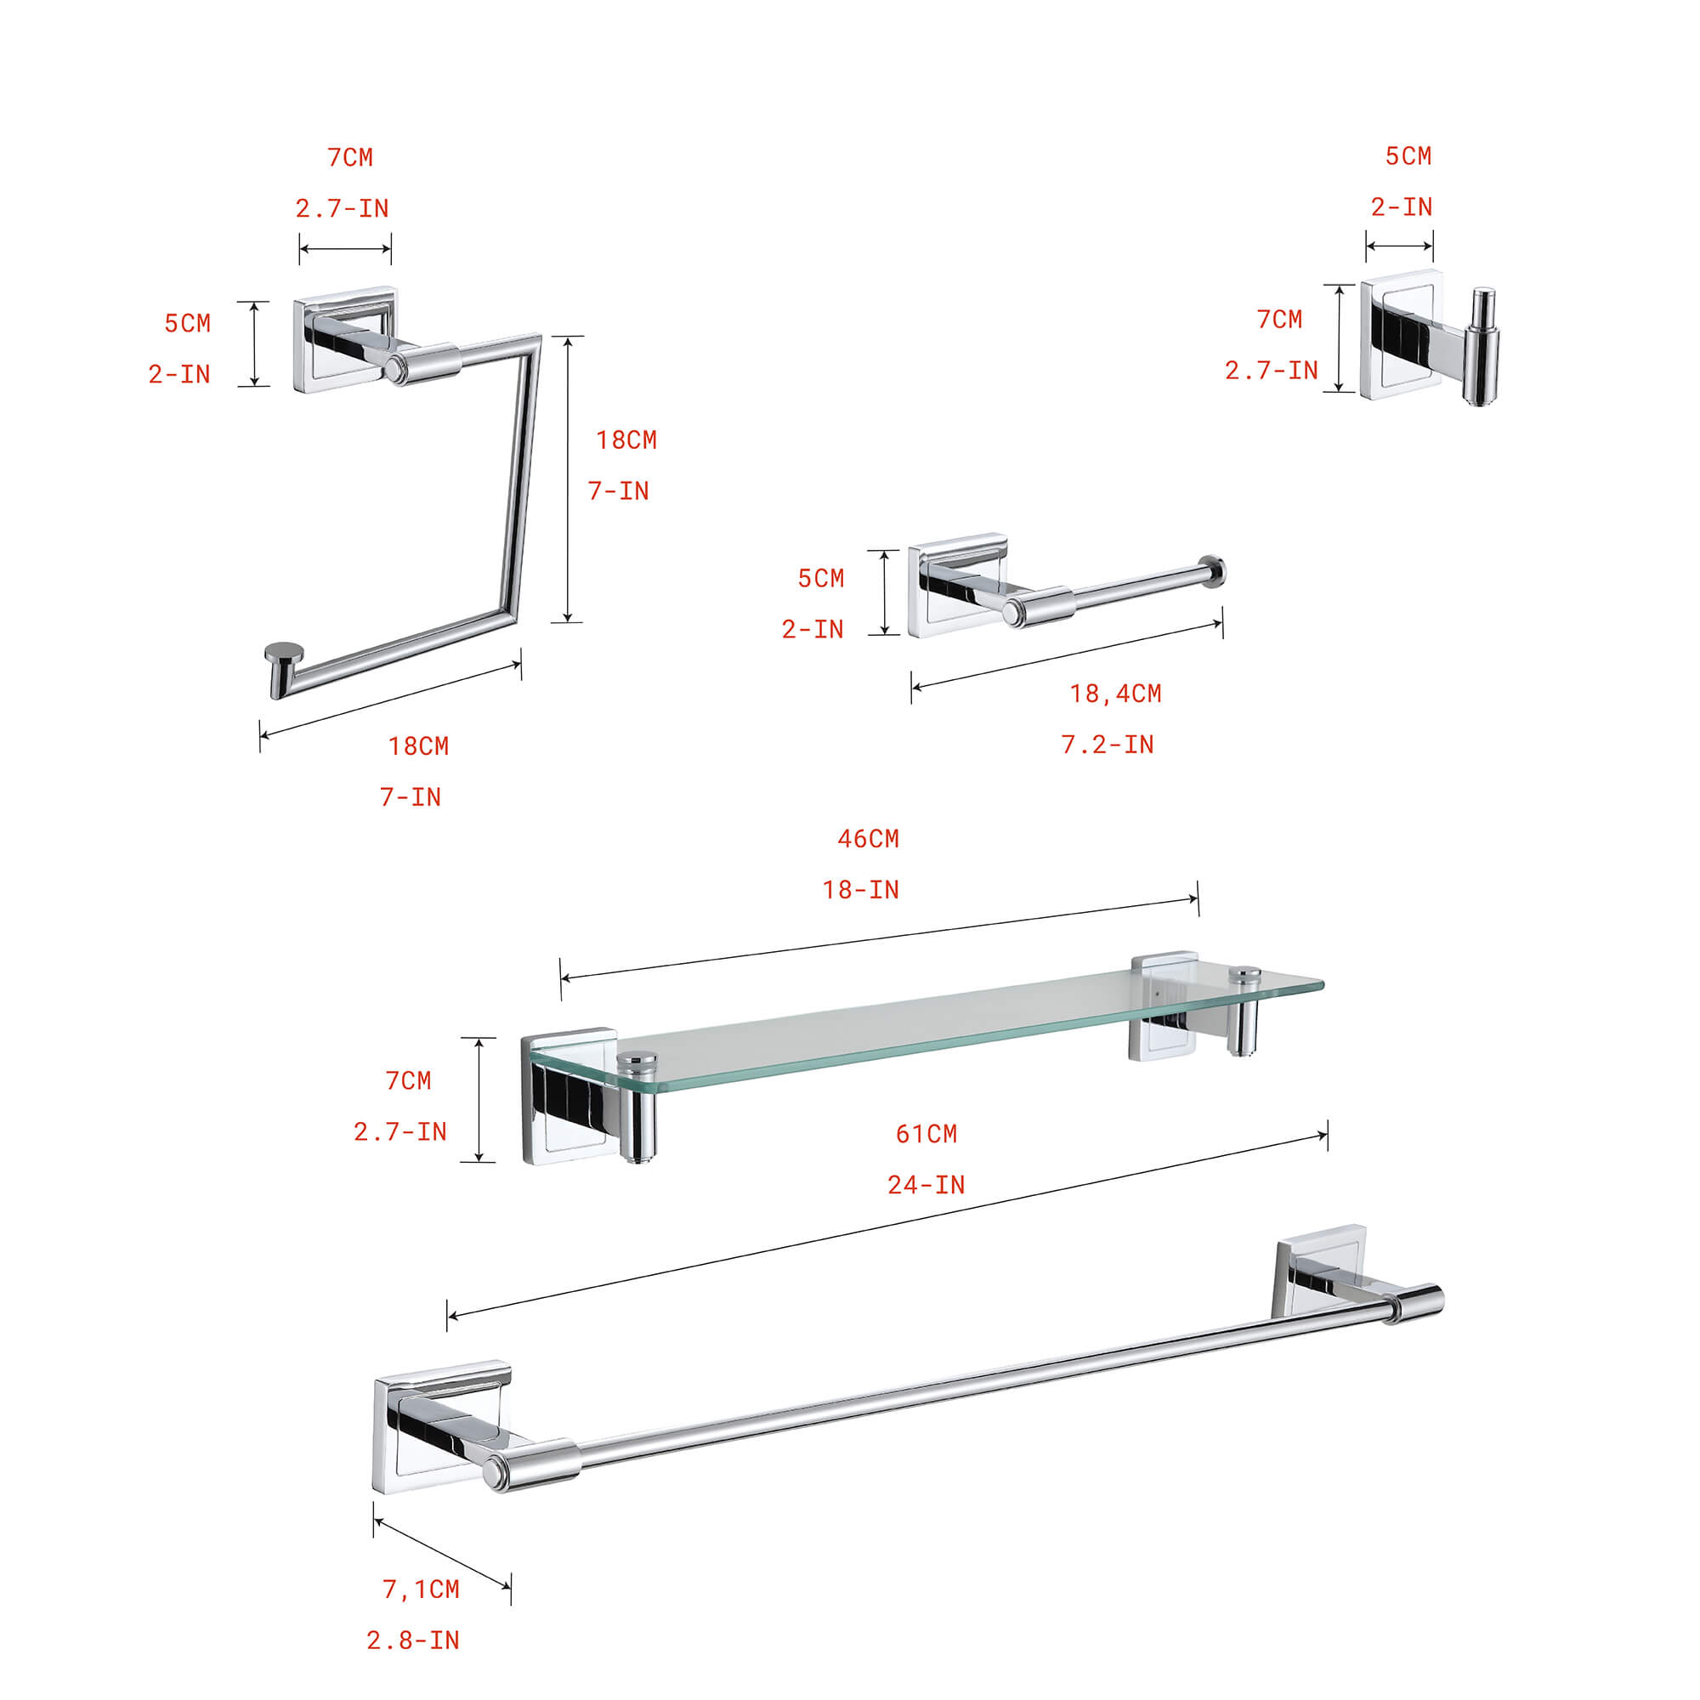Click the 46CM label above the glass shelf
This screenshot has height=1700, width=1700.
868,839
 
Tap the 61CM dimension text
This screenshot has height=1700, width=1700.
926,1133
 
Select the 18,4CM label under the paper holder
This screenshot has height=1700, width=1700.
1115,694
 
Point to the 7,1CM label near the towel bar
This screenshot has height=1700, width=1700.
421,1589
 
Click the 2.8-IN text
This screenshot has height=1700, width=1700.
413,1640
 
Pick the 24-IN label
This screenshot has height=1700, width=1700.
926,1184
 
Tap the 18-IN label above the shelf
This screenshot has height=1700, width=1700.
860,890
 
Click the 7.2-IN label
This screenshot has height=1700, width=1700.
1107,745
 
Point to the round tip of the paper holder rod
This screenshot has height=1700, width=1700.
1214,571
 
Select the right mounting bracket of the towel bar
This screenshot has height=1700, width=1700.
1318,1270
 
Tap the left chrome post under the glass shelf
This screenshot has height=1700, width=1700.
636,1118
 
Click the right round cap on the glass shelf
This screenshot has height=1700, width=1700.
1244,975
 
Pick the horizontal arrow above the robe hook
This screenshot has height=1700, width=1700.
1399,246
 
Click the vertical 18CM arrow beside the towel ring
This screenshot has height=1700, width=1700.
568,479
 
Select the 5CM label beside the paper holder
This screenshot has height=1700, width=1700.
820,578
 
